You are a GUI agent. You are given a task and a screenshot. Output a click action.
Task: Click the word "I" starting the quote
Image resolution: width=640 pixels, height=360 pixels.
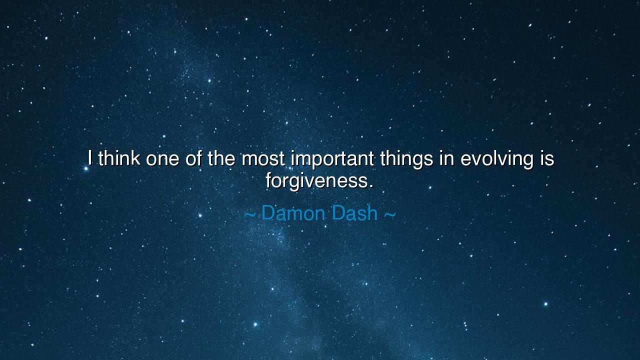point(90,158)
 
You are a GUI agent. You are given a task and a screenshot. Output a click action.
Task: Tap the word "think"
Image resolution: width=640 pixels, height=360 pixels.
point(119,158)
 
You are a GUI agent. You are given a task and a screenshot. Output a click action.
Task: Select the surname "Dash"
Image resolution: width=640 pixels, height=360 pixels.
point(354,213)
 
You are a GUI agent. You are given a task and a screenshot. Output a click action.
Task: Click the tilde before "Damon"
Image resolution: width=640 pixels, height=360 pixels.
point(250,214)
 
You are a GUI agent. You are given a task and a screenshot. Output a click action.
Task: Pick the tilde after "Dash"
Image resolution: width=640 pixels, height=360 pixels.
point(389,214)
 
